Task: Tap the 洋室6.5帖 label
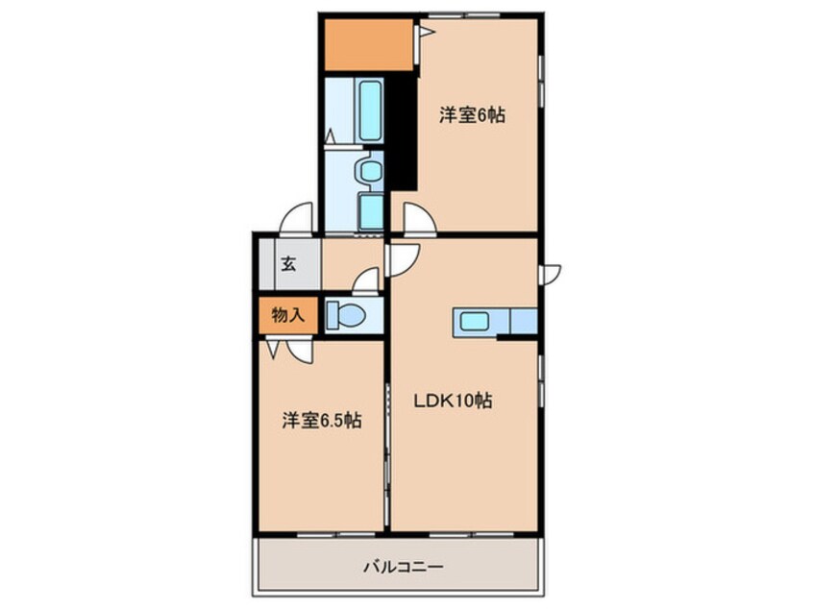pos(322,420)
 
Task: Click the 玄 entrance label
pos(287,264)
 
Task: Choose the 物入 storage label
pos(286,314)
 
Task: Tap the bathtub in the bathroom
pos(369,109)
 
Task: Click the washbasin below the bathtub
pos(368,171)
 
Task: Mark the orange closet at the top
pos(368,44)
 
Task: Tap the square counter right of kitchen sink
pos(523,321)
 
